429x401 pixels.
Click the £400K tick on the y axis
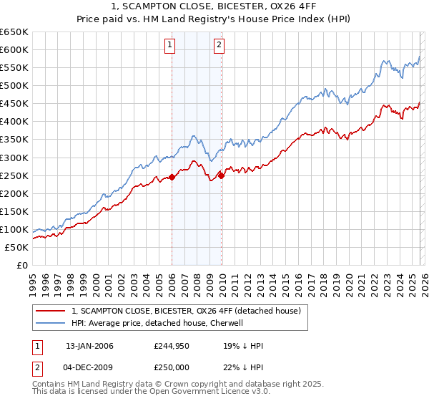14,122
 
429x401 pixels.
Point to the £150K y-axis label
14,211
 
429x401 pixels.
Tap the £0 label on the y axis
21,266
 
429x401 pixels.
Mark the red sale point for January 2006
172,178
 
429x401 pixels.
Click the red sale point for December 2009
221,175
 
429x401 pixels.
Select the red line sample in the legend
51,311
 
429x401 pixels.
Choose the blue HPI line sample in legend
51,323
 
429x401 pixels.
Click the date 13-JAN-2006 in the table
89,346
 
